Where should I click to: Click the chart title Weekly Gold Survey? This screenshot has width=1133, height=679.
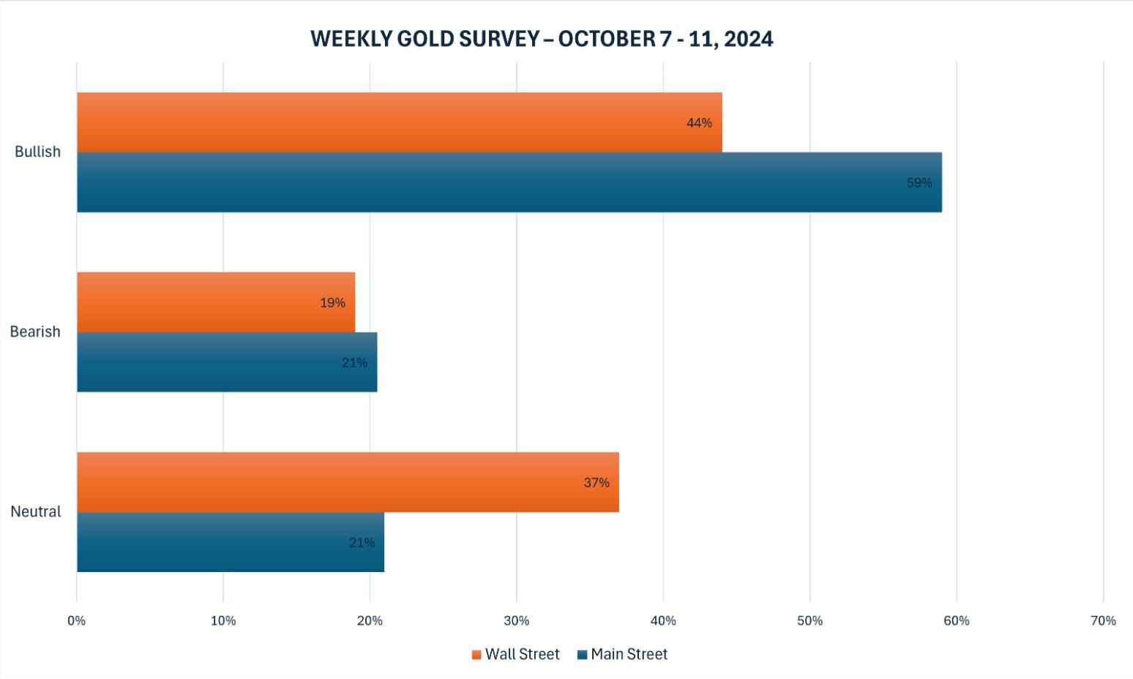coord(542,39)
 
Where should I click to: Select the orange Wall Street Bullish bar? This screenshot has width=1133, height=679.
coord(399,122)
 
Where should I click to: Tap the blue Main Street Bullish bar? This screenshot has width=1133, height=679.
coord(509,182)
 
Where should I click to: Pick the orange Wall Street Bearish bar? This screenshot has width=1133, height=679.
coord(216,303)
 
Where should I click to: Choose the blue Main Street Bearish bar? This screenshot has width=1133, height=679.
coord(227,363)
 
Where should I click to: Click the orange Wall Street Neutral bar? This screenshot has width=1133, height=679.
coord(348,482)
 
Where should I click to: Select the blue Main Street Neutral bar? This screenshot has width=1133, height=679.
coord(231,542)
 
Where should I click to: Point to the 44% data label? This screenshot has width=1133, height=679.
coord(699,123)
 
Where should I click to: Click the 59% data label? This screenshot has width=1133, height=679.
coord(919,183)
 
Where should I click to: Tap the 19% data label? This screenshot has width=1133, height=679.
coord(332,303)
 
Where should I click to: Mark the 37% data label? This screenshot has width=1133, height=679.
coord(597,483)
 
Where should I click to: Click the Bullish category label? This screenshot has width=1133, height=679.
coord(37,152)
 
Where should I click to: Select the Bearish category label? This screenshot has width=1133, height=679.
coord(35,332)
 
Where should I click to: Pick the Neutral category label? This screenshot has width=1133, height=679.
coord(36,512)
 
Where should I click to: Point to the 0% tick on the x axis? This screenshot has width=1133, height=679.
coord(77,621)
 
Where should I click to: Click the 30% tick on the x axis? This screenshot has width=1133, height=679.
coord(517,621)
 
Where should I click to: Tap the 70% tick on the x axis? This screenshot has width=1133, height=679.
coord(1103,621)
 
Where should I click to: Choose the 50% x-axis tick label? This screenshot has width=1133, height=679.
coord(809,621)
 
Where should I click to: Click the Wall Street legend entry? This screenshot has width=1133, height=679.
coord(516,654)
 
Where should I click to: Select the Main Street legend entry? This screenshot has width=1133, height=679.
coord(623,654)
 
